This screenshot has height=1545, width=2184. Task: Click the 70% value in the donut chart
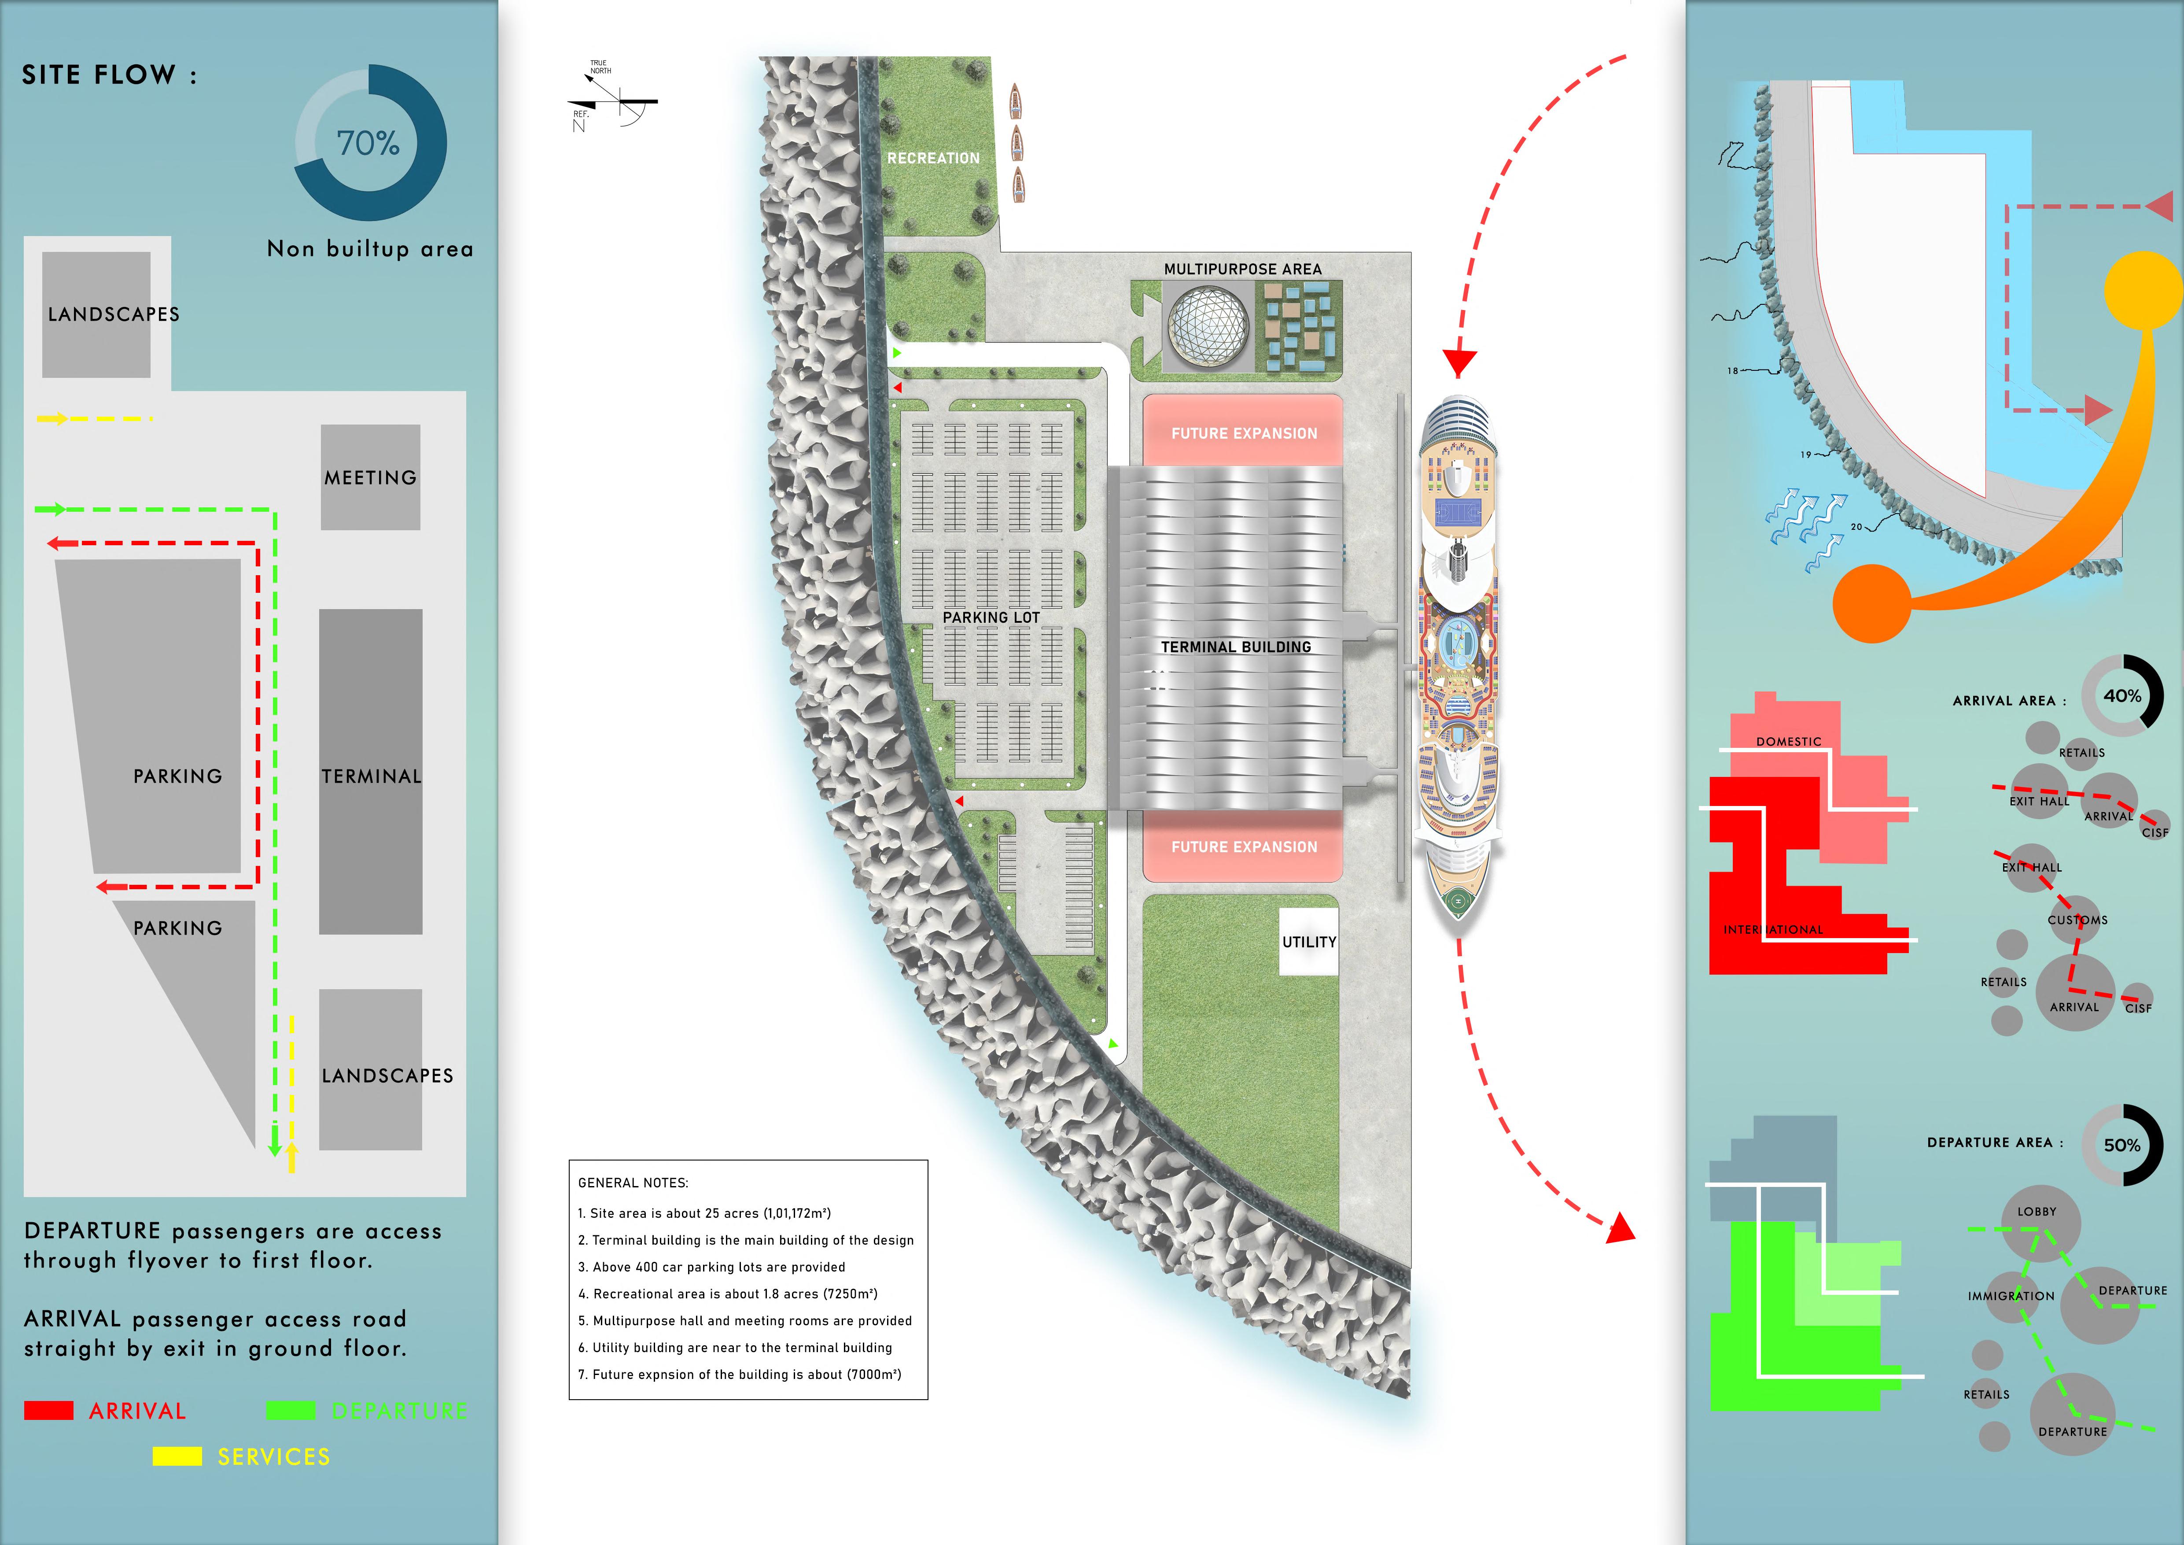[x=368, y=144]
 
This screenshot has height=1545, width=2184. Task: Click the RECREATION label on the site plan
[x=933, y=158]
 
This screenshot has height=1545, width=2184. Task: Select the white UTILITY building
[x=1309, y=942]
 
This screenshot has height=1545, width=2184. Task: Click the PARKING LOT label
[x=991, y=617]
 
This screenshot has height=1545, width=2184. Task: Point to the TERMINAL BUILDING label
[x=1236, y=647]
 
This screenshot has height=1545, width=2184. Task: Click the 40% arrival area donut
[x=2122, y=695]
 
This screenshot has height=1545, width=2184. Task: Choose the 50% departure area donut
[x=2122, y=1146]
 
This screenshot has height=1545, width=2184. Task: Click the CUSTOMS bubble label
[x=2077, y=920]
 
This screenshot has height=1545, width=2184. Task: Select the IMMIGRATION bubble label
[x=2011, y=1296]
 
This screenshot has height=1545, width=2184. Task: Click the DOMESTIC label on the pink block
[x=1788, y=741]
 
